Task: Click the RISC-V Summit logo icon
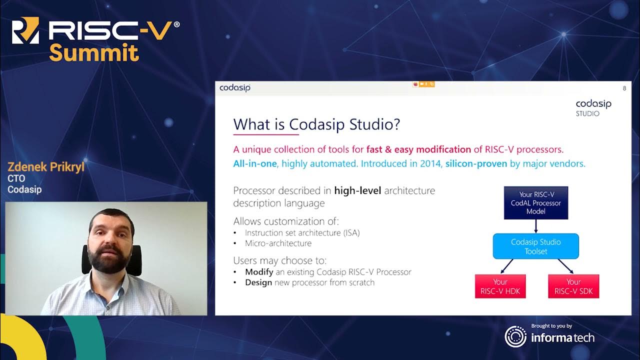click(x=25, y=31)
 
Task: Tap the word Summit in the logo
click(x=93, y=52)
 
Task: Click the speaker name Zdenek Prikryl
click(x=46, y=167)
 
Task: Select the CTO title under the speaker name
click(x=16, y=178)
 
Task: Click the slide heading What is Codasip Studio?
click(x=316, y=124)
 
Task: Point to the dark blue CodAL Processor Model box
click(x=535, y=203)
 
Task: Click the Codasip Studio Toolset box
click(x=535, y=246)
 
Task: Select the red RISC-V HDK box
click(x=500, y=286)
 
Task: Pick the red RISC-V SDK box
click(x=573, y=286)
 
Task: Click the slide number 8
click(x=624, y=88)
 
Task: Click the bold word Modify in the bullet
click(x=258, y=272)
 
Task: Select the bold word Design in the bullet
click(x=258, y=282)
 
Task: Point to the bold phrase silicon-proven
click(x=476, y=163)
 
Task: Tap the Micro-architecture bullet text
click(x=278, y=243)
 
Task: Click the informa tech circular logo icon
click(x=515, y=336)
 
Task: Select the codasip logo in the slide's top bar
click(x=234, y=88)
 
